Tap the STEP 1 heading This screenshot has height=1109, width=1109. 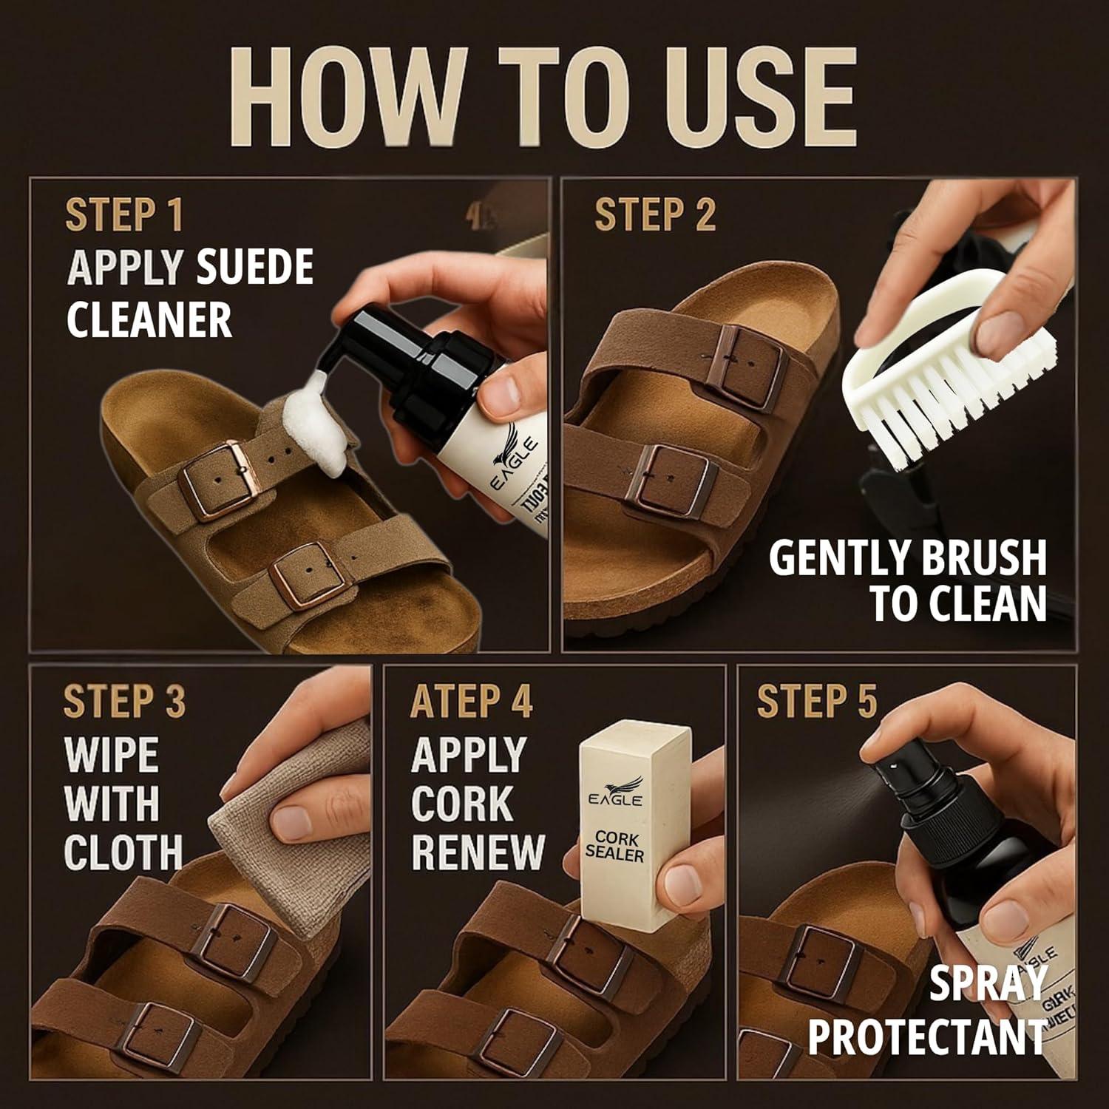pos(123,215)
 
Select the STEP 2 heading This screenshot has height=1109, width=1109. pos(654,215)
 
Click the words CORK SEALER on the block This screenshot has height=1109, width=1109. pos(614,846)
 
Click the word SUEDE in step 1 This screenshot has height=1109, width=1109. pos(254,268)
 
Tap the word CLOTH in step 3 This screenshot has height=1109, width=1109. pos(123,852)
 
